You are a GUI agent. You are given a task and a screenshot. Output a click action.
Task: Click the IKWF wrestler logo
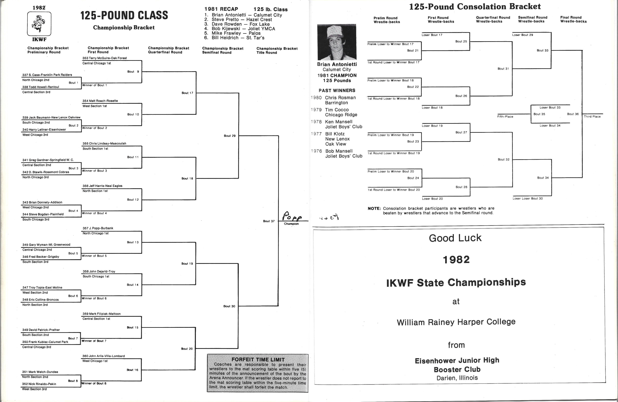pyautogui.click(x=39, y=24)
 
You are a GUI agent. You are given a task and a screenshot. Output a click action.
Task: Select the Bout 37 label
pyautogui.click(x=269, y=221)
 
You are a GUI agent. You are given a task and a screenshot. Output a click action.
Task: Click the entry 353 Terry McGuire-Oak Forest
pyautogui.click(x=105, y=58)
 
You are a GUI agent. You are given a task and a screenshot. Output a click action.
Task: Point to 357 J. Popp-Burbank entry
pyautogui.click(x=98, y=228)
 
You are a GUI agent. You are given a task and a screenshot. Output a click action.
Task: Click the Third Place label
pyautogui.click(x=592, y=117)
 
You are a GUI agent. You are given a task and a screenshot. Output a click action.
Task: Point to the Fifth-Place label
pyautogui.click(x=505, y=117)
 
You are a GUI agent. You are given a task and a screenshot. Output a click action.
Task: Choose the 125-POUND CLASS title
pyautogui.click(x=124, y=15)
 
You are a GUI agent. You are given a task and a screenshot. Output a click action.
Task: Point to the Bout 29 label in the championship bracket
pyautogui.click(x=230, y=136)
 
